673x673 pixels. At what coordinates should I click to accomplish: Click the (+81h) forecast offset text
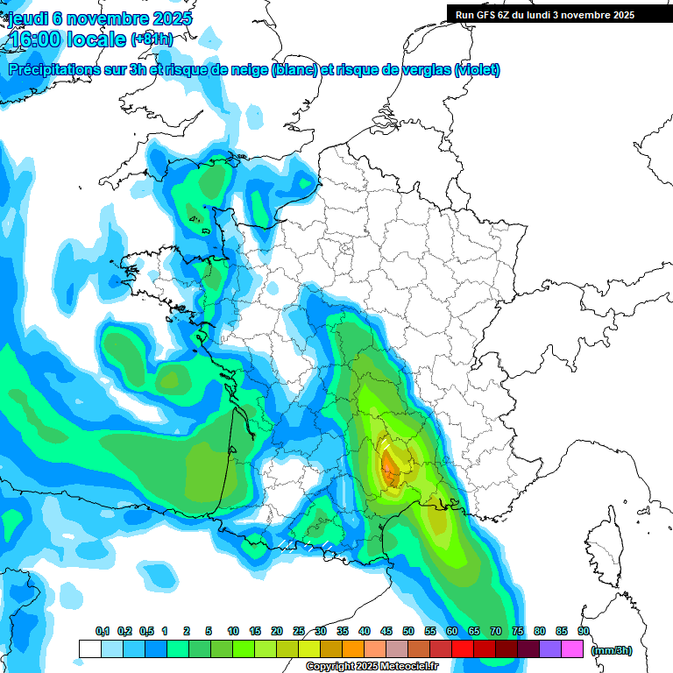click(152, 39)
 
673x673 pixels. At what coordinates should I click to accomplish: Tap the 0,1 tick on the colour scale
click(102, 631)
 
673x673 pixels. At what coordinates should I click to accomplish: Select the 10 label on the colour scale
click(232, 631)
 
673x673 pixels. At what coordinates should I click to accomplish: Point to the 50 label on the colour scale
click(407, 631)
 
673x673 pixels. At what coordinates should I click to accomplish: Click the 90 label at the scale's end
click(583, 631)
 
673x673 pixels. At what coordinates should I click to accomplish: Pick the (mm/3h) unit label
click(613, 650)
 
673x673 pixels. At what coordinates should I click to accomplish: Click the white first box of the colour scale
click(89, 648)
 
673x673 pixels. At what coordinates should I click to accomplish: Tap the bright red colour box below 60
click(462, 648)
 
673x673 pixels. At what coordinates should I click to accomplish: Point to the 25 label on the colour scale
click(298, 631)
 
